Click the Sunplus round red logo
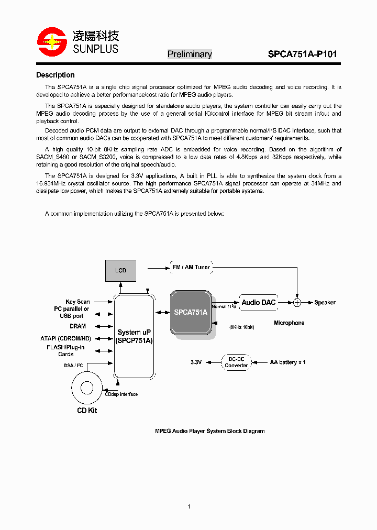coord(51,42)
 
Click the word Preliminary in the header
coord(190,54)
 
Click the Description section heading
coord(55,75)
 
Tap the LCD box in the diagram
coord(120,270)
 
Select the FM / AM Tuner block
coord(191,267)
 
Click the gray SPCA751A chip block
coord(191,312)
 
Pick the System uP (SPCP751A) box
coord(134,336)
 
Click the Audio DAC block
coord(258,302)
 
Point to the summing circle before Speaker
coord(297,302)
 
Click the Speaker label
coord(325,303)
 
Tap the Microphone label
coord(289,323)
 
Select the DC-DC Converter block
coord(236,362)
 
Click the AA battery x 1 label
coord(287,362)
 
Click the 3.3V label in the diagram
coord(196,362)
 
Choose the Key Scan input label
coord(77,302)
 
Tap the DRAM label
coord(77,326)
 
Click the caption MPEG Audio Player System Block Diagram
coord(209,432)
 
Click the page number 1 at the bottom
coord(188,506)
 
